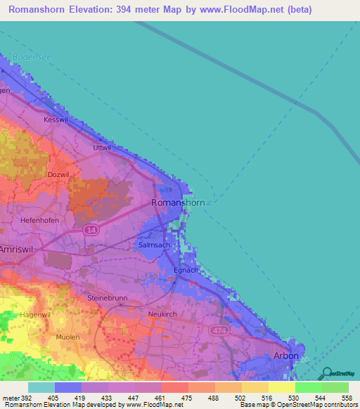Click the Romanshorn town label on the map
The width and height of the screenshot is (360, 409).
[179, 203]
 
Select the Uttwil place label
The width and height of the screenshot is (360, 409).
[103, 148]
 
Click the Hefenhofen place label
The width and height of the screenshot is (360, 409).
[40, 220]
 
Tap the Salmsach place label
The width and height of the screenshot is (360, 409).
[152, 245]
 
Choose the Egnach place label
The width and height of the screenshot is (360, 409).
[186, 270]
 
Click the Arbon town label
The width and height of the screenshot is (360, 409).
[285, 356]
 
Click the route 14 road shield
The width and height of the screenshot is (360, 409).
[91, 230]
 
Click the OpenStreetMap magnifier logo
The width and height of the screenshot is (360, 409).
[327, 375]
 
